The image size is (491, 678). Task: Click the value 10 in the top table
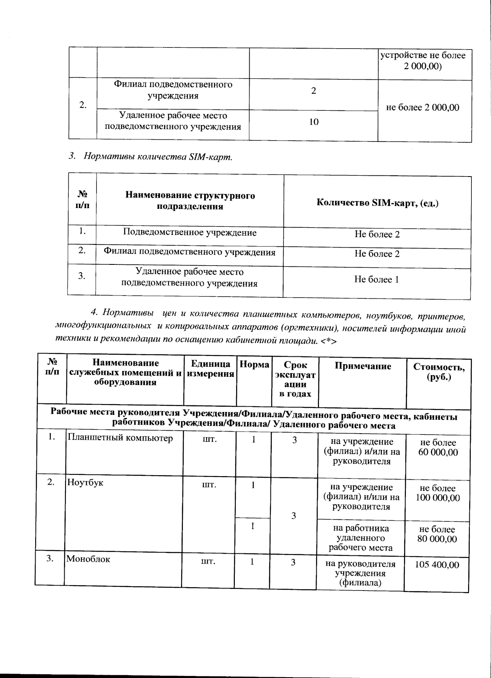pyautogui.click(x=313, y=122)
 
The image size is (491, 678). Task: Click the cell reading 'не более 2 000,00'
pyautogui.click(x=423, y=107)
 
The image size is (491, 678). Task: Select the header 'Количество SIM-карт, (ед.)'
pyautogui.click(x=377, y=203)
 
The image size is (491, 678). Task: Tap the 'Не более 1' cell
pyautogui.click(x=376, y=280)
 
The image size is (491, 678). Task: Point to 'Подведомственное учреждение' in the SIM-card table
pyautogui.click(x=190, y=233)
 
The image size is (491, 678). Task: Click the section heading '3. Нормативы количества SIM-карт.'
pyautogui.click(x=150, y=157)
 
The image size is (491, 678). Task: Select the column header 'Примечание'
pyautogui.click(x=363, y=366)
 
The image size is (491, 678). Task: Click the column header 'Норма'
pyautogui.click(x=254, y=365)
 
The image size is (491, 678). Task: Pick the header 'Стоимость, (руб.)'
pyautogui.click(x=439, y=372)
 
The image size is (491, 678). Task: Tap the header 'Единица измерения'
pyautogui.click(x=210, y=369)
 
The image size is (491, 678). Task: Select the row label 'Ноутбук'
pyautogui.click(x=85, y=482)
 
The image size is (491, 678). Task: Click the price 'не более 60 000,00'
pyautogui.click(x=438, y=448)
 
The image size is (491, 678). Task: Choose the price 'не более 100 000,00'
pyautogui.click(x=438, y=493)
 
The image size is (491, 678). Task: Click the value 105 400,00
pyautogui.click(x=437, y=565)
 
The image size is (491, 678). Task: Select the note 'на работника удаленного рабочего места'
pyautogui.click(x=360, y=538)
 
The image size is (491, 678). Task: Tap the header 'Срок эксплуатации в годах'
pyautogui.click(x=295, y=379)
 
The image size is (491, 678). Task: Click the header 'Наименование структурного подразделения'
pyautogui.click(x=190, y=201)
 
